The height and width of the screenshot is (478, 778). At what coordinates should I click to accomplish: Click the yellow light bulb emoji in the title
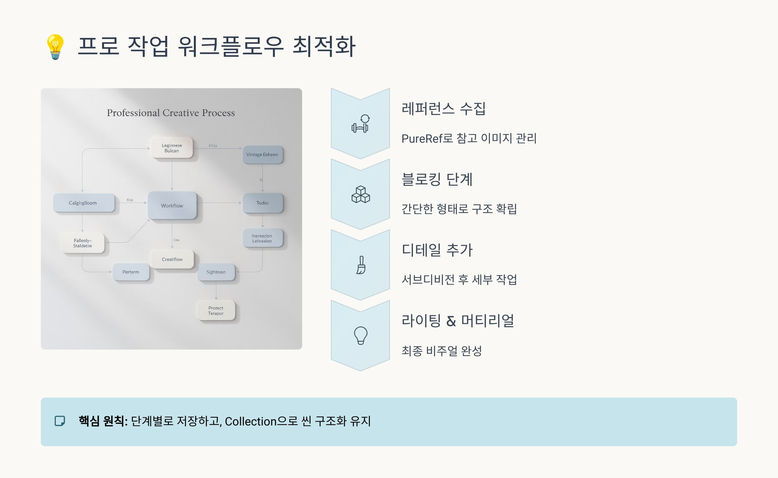pos(55,47)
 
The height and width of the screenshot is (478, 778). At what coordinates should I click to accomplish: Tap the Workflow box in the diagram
pos(172,206)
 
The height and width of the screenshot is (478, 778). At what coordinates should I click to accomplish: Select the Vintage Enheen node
pos(262,155)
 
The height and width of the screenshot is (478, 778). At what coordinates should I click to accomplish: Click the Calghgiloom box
pos(83,203)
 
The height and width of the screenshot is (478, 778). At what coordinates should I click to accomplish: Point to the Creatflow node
pos(172,259)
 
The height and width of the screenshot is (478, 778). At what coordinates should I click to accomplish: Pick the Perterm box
pos(131,272)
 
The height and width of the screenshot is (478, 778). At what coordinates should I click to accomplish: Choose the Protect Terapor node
pos(216,311)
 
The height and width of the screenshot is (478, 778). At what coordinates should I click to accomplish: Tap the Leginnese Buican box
pos(172,148)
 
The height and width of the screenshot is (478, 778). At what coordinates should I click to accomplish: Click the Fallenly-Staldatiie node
pos(83,243)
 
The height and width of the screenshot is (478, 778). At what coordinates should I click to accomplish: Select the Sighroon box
pos(216,272)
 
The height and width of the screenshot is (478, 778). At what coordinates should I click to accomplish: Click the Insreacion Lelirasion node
pos(262,238)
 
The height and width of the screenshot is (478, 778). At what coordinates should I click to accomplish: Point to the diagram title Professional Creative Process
pos(171,113)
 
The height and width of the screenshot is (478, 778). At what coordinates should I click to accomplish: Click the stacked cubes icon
pos(360,195)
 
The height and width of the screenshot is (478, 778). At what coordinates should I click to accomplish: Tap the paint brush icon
pos(361,265)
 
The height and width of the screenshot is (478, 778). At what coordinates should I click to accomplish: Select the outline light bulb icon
pos(360,335)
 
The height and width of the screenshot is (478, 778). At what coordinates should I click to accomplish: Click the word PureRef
pos(422,139)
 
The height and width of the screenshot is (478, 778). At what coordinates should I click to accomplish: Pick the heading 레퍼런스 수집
pos(443,109)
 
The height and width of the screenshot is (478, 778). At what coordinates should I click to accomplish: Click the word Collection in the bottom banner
pos(251,422)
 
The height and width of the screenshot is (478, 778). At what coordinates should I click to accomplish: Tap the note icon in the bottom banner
pos(60,421)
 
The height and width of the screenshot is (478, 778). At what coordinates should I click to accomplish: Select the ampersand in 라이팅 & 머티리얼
pos(451,321)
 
